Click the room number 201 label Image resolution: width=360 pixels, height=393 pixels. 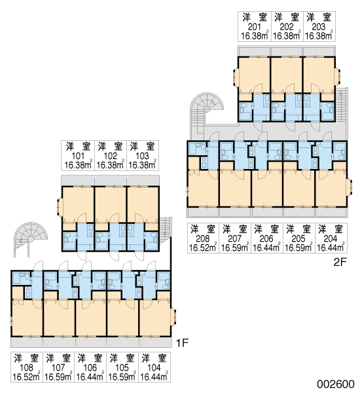click(x=254, y=27)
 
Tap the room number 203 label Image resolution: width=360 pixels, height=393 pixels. click(x=318, y=27)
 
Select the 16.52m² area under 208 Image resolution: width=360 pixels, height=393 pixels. click(x=203, y=248)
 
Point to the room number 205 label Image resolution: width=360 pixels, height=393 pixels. click(x=298, y=238)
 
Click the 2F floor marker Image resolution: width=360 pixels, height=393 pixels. click(x=340, y=262)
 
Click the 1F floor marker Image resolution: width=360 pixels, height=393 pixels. click(x=182, y=343)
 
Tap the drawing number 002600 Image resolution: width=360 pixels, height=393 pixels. click(x=336, y=384)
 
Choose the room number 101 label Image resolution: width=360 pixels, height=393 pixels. click(x=78, y=156)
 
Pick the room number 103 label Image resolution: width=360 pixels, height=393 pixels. click(x=142, y=156)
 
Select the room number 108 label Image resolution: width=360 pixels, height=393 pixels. click(x=26, y=367)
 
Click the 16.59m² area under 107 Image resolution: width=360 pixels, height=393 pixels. click(x=59, y=377)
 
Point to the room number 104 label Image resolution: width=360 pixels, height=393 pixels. click(x=154, y=367)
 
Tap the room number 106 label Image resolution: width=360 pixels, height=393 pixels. click(x=90, y=367)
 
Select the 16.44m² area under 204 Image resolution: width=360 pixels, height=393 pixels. click(x=331, y=248)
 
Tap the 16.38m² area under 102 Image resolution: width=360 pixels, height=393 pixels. click(x=110, y=165)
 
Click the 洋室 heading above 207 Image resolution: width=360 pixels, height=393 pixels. click(x=235, y=229)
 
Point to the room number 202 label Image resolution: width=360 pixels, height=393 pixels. click(x=286, y=27)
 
